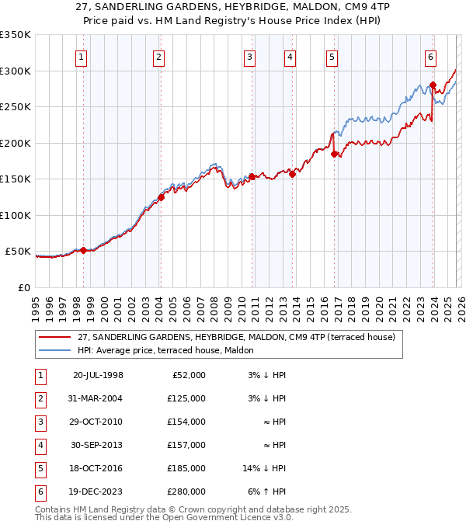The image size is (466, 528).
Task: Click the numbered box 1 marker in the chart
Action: pos(82,56)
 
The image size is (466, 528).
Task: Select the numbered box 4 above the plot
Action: pos(289,56)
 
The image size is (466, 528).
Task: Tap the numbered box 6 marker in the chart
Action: pos(430,56)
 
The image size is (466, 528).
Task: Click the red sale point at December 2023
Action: pos(433,85)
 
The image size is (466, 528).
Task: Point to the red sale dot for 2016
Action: pos(334,154)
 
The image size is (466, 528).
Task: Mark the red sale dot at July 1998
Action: pos(84,250)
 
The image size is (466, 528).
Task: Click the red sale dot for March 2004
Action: pos(162,197)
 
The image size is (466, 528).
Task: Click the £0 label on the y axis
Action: pos(23,287)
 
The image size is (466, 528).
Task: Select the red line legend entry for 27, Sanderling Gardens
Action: pos(236,337)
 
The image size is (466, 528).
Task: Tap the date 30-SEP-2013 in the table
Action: pos(98,445)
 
